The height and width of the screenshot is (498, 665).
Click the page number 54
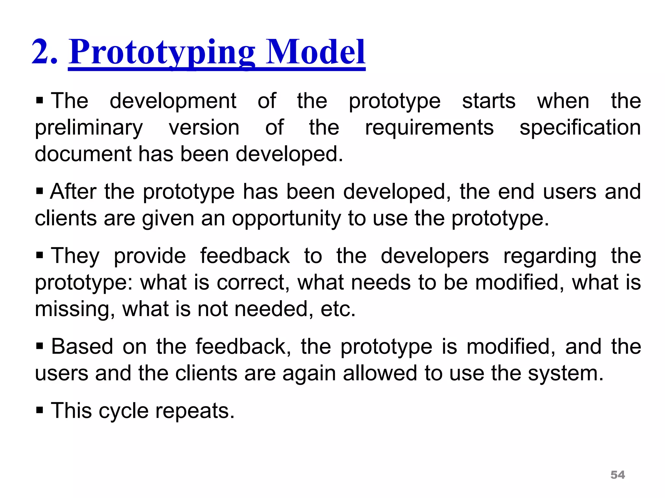coord(618,475)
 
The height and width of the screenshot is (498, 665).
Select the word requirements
coord(429,127)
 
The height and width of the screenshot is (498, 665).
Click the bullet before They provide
coord(40,255)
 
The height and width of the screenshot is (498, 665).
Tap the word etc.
coord(338,309)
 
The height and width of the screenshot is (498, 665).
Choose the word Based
coord(82,346)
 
